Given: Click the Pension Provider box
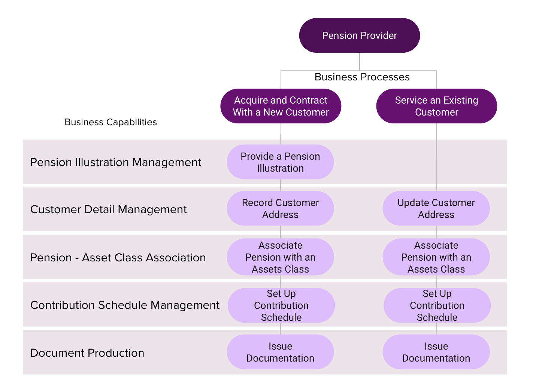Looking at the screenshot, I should [x=359, y=36].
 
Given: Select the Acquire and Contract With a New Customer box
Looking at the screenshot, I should [x=281, y=106].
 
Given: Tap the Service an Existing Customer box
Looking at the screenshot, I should [x=436, y=106].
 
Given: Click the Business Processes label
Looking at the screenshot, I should [x=362, y=77].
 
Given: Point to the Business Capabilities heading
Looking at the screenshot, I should [x=110, y=122].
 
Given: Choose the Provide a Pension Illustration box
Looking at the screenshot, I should [x=280, y=162].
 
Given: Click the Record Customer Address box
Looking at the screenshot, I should [x=280, y=209].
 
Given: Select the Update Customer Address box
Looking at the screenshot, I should [x=436, y=209].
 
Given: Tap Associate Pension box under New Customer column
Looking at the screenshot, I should [x=280, y=257].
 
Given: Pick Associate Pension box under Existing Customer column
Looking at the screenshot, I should [x=436, y=257].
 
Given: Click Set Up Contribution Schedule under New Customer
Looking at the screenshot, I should [x=281, y=305].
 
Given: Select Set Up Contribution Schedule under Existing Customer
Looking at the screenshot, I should [x=437, y=305].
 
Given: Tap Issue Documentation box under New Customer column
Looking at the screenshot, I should [x=280, y=352].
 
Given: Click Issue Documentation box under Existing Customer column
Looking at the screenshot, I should [x=436, y=352].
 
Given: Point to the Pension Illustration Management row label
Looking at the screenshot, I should [x=115, y=162].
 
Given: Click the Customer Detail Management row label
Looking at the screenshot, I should [x=108, y=209].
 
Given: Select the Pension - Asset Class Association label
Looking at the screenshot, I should [x=118, y=258].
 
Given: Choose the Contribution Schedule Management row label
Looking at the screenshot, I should [x=125, y=305].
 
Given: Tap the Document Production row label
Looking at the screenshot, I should [x=87, y=353].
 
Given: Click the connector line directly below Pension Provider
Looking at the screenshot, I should [x=360, y=61].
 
